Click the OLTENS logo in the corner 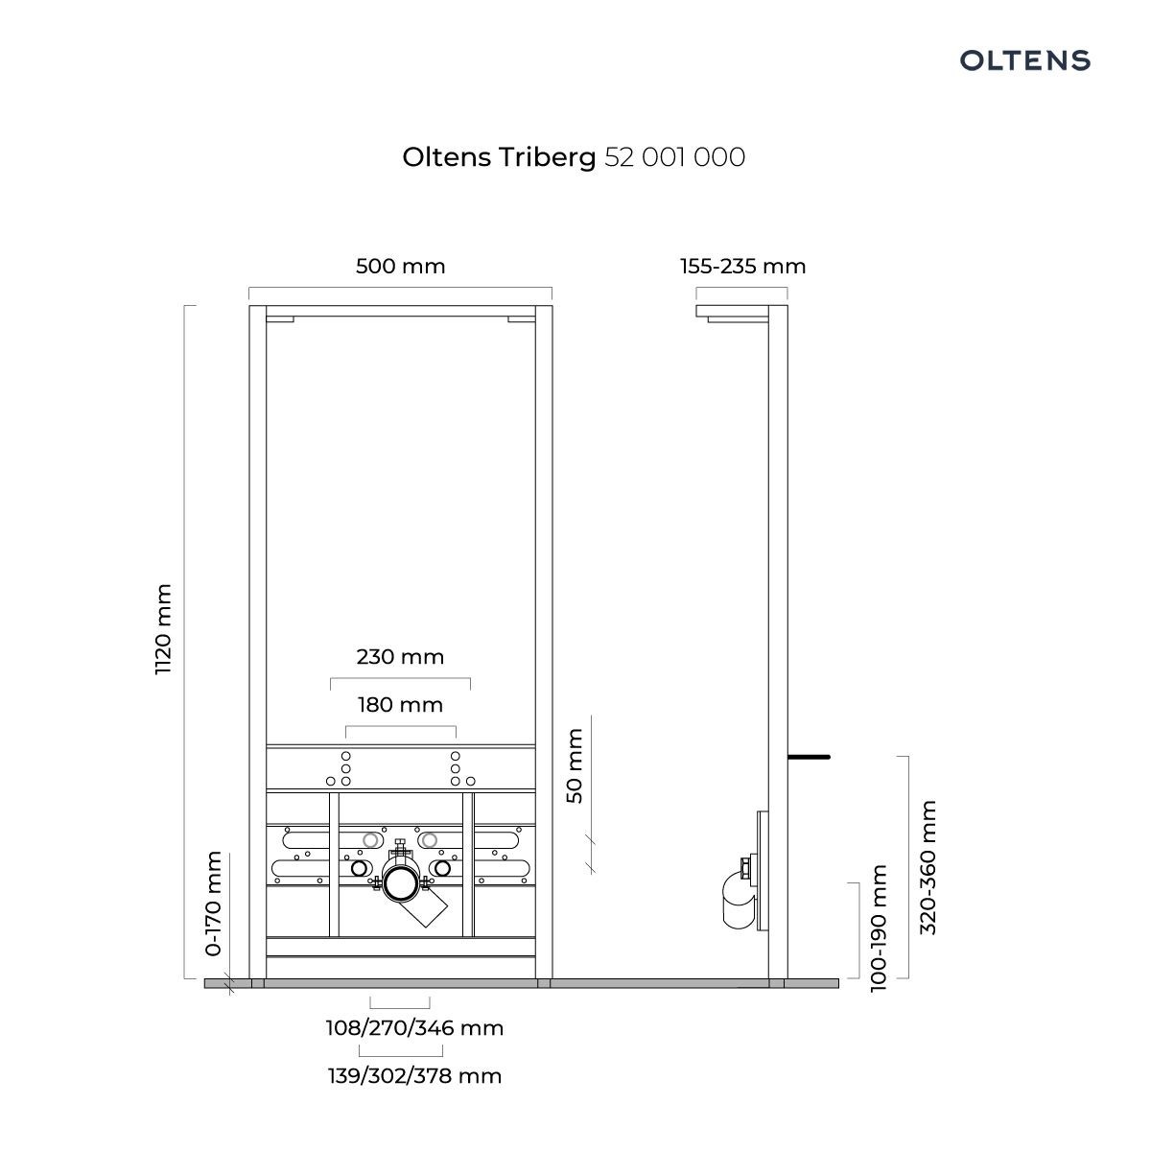pos(1025,60)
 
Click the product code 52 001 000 pos(674,157)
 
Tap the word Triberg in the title pos(547,158)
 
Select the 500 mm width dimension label pos(401,266)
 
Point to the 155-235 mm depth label pos(743,266)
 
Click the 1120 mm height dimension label pos(163,629)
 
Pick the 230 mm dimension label pos(400,657)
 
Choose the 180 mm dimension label pos(400,705)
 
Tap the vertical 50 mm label pos(574,765)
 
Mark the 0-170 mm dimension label pos(213,904)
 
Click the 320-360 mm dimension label pos(928,867)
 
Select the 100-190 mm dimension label pos(879,928)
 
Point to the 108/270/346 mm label pos(414,1028)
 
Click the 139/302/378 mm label pos(414,1076)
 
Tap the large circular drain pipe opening pos(400,883)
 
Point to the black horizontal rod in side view pos(809,757)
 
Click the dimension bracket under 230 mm pos(400,679)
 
